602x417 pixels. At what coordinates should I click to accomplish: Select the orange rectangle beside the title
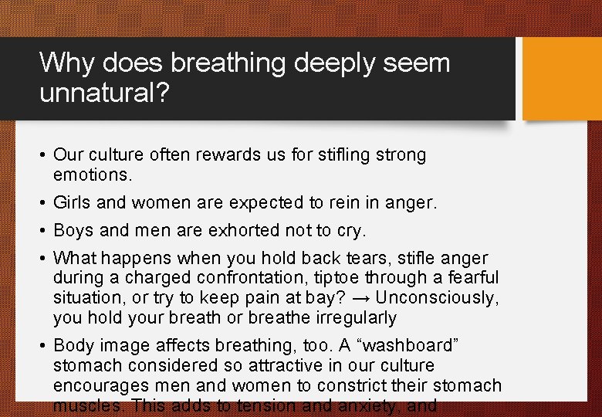(562, 79)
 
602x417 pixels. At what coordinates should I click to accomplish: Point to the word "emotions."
(93, 175)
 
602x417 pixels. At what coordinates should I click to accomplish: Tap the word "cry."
(350, 231)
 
